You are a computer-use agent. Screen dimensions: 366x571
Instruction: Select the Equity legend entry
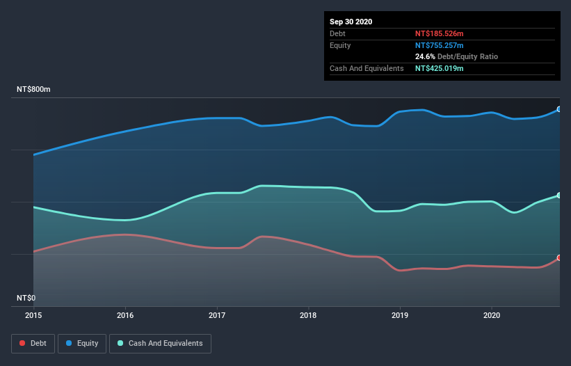(82, 343)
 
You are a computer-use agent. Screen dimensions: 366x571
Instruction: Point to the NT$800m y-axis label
(34, 90)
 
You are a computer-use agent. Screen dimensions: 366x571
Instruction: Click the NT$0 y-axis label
(26, 298)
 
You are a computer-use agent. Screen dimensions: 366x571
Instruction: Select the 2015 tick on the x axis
(33, 315)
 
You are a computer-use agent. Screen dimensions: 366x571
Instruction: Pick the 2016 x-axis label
(125, 315)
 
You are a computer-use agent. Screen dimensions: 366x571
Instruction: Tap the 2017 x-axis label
(217, 315)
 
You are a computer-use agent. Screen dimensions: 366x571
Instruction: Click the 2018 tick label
(308, 315)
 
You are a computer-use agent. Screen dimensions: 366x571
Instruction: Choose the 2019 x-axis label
(400, 315)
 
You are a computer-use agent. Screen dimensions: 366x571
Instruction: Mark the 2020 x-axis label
(491, 315)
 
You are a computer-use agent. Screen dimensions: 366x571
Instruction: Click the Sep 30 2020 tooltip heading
(351, 22)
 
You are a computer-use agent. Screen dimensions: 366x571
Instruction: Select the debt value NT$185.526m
(440, 33)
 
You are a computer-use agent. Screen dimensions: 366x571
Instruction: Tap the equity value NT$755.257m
(440, 45)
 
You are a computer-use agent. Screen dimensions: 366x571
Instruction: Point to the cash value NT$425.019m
(440, 68)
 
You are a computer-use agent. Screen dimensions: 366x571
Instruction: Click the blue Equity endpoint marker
(558, 109)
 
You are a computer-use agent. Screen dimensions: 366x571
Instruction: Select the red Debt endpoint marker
(558, 257)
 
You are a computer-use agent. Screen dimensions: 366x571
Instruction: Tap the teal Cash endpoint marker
(558, 196)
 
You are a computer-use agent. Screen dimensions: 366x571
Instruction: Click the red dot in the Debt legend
(22, 343)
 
